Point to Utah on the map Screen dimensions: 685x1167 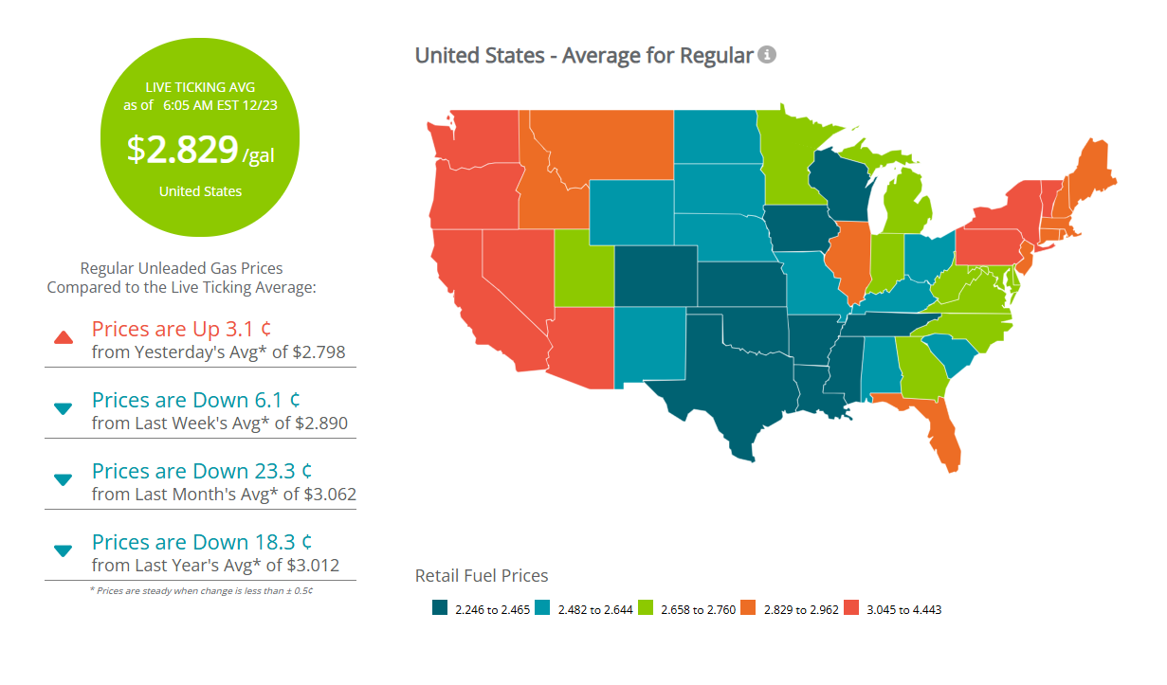[x=583, y=270]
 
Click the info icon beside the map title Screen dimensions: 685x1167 [x=767, y=55]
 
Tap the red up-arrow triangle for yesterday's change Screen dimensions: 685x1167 [x=64, y=337]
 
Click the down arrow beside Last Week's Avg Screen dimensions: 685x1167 [x=64, y=408]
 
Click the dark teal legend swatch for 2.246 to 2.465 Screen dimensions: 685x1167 [x=439, y=609]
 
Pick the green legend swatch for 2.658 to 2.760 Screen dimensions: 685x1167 [x=646, y=609]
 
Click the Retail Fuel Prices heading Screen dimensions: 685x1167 [x=482, y=575]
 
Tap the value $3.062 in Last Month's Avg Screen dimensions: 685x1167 [x=325, y=495]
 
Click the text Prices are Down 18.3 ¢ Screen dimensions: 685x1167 [x=202, y=542]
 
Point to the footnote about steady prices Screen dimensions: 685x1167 [x=200, y=591]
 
